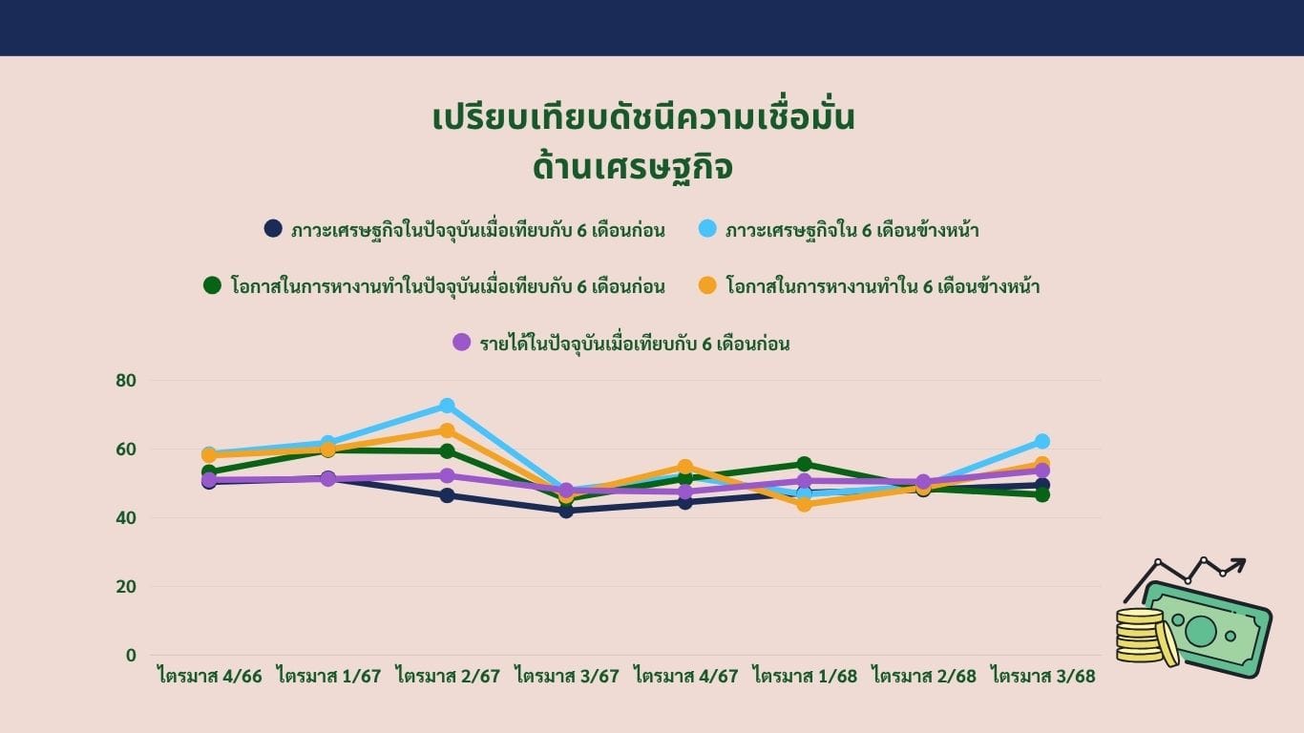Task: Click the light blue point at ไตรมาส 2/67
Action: pos(447,406)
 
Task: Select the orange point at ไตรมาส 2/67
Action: pos(447,430)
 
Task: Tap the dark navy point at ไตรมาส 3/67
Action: pos(566,512)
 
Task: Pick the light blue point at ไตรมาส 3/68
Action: pos(1042,441)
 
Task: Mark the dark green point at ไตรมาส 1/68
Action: pos(804,464)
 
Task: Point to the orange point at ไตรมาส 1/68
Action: pos(804,504)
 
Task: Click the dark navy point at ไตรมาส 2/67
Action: pos(447,495)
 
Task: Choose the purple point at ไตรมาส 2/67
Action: pos(447,475)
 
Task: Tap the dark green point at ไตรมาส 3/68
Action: pos(1042,495)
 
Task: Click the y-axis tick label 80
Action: pos(126,381)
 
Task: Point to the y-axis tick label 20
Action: pos(126,587)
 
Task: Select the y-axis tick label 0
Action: pos(131,656)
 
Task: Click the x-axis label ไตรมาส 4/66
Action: pos(210,677)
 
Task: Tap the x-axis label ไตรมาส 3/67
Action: pos(566,677)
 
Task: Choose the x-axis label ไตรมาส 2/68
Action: pos(923,677)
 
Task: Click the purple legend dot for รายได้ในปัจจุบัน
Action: pos(462,342)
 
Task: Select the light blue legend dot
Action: pos(707,228)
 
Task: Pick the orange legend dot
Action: pos(707,285)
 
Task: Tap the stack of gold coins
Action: pos(1145,637)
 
